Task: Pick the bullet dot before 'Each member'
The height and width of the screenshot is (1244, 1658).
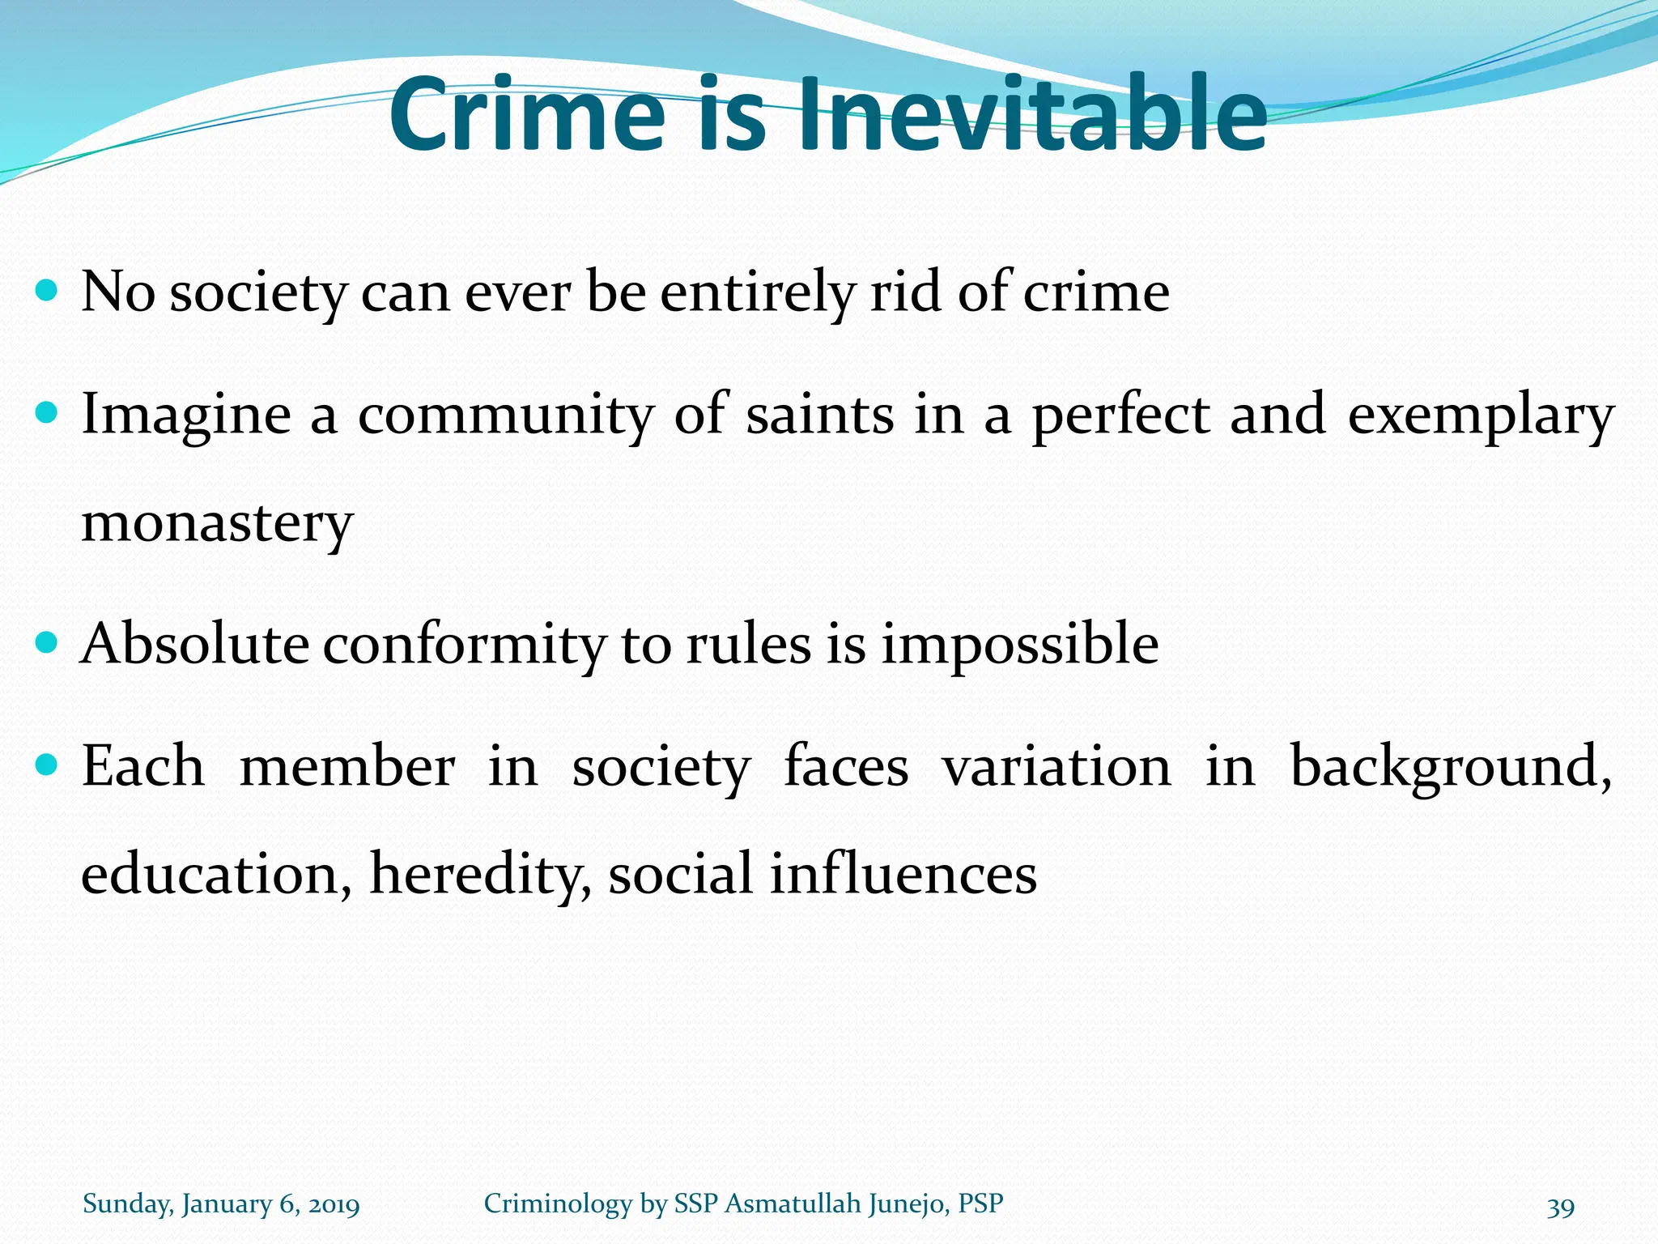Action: (48, 765)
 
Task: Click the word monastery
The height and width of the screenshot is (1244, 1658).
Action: (217, 525)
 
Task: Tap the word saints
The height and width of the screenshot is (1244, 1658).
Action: (819, 415)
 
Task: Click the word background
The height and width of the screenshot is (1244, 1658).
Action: (1449, 767)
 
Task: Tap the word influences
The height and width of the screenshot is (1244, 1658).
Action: (903, 875)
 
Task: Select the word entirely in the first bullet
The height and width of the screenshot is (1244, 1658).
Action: (757, 293)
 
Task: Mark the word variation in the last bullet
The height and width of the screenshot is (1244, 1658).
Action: (1056, 766)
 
